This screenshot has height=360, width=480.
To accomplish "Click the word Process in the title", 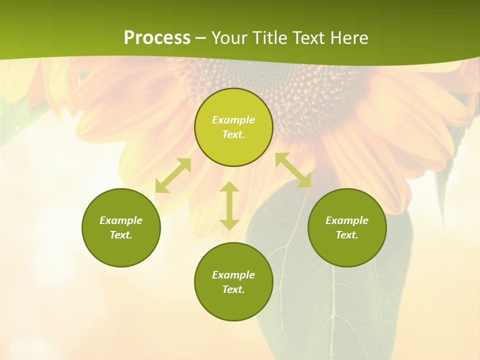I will (157, 38).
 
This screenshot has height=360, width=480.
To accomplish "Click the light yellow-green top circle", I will (233, 145).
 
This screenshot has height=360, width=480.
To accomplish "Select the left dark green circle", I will (121, 250).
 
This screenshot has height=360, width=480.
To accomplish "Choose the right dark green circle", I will (347, 250).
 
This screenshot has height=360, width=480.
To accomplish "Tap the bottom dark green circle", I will (233, 305).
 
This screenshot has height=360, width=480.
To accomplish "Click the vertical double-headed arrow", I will (229, 205).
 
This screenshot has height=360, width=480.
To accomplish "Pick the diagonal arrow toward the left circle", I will (173, 175).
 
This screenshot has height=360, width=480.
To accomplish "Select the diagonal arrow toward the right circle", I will (293, 170).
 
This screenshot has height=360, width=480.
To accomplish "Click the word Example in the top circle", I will (233, 120).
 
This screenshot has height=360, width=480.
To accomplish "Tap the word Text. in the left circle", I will (121, 235).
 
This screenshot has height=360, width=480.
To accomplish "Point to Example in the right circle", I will (347, 220).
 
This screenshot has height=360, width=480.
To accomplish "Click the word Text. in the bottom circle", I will (233, 289).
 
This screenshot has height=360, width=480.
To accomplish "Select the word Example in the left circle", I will (121, 220).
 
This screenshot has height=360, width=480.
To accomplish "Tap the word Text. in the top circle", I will (233, 134).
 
